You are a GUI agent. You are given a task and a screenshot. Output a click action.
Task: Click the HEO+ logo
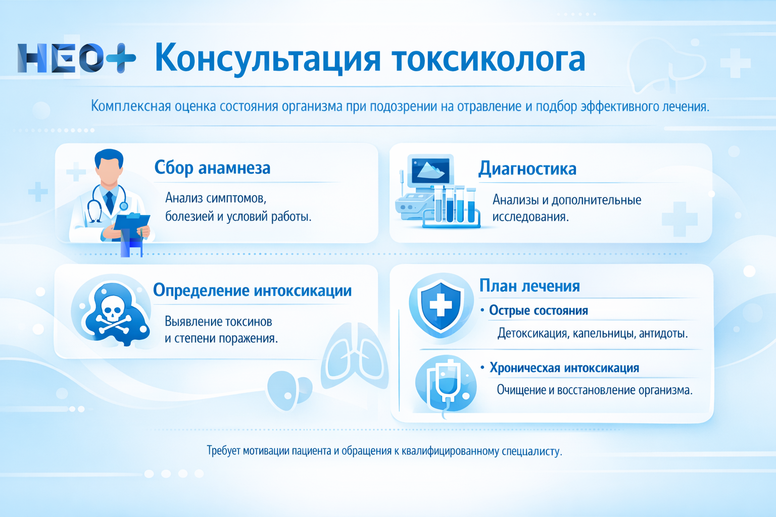coord(76,59)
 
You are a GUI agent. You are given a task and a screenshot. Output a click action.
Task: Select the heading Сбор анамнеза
coord(212,168)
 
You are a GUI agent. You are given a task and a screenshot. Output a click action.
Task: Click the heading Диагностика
coord(527,169)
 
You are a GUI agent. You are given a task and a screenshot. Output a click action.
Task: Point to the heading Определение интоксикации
coord(252,290)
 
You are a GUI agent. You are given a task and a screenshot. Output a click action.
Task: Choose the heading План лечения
coord(529,286)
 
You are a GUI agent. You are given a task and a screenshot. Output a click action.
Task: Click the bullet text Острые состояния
coord(538,311)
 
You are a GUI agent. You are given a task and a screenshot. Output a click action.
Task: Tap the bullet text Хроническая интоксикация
coord(564,368)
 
